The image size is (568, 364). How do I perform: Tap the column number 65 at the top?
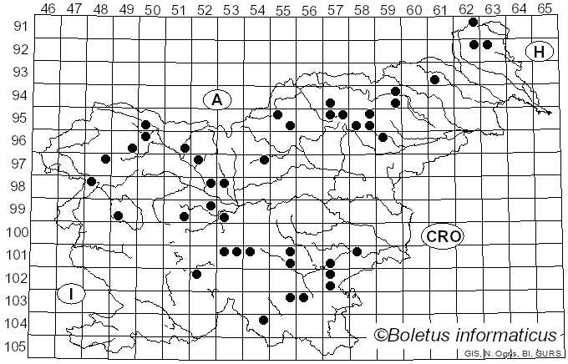(x=544, y=8)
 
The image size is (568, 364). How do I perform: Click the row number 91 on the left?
(x=17, y=26)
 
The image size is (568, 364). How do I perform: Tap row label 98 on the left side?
(x=17, y=186)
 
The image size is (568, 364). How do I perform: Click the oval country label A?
(x=216, y=100)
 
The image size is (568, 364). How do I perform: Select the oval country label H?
(x=540, y=53)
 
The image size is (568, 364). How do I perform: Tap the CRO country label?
(x=442, y=237)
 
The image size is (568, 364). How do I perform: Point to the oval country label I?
(x=72, y=294)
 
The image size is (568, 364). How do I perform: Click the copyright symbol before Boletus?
(x=380, y=336)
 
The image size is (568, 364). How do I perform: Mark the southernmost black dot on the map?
(x=264, y=320)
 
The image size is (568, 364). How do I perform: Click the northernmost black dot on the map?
(x=474, y=23)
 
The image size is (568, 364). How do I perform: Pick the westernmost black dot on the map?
(x=92, y=181)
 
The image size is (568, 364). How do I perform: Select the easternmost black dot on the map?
(x=487, y=45)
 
